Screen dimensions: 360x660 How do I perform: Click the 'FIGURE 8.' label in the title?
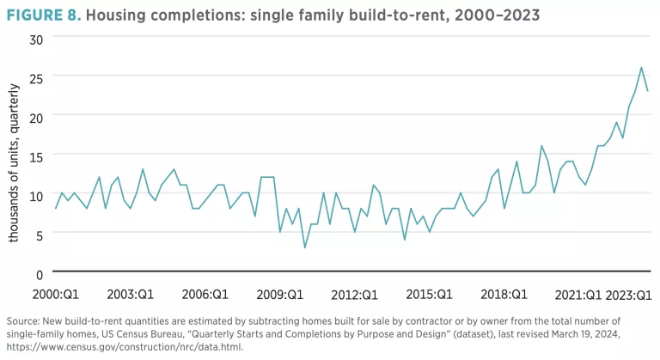41,15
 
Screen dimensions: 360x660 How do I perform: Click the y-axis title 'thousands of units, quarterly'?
15,156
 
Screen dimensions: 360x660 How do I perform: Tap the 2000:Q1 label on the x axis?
56,294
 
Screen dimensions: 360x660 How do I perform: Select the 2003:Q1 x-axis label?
131,294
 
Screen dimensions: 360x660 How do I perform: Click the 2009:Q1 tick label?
281,294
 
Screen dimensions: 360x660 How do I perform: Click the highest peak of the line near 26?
641,68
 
